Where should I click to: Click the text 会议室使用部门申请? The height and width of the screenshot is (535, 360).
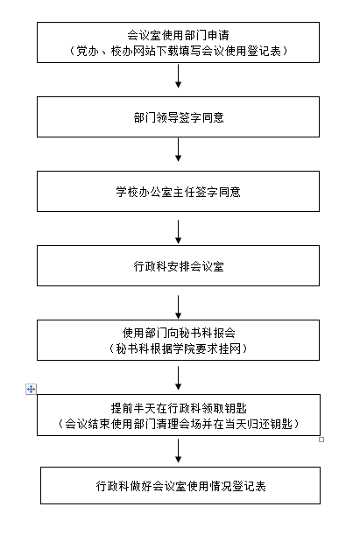(x=178, y=35)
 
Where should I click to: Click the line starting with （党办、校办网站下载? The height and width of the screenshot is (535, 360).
(x=178, y=51)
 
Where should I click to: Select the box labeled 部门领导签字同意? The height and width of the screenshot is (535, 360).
(x=178, y=117)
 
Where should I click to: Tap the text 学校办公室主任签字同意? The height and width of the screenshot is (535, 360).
(x=178, y=192)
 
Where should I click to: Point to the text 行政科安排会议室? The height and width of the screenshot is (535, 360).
(x=179, y=266)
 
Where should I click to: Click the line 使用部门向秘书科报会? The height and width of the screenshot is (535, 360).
(x=179, y=333)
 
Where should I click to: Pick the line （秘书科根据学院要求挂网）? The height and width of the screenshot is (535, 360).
(x=178, y=348)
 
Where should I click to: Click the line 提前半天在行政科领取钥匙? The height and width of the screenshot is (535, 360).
(x=179, y=408)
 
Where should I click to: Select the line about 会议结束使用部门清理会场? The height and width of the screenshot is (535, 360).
(x=178, y=424)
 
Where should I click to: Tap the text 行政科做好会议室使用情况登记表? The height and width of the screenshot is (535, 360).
(x=180, y=486)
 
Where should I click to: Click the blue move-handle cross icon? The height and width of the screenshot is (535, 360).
(x=31, y=389)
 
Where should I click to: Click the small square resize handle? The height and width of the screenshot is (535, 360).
(x=321, y=440)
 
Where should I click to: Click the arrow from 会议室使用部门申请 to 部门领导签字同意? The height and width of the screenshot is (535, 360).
(x=178, y=76)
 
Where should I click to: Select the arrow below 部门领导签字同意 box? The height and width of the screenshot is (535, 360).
(x=178, y=150)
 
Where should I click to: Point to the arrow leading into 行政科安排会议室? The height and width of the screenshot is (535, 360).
(x=178, y=232)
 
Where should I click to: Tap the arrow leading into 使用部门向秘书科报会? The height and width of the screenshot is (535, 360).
(x=178, y=307)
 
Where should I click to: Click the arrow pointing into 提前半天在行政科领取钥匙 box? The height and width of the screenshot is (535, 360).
(x=178, y=378)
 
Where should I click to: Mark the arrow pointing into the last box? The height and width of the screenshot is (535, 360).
(x=178, y=451)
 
